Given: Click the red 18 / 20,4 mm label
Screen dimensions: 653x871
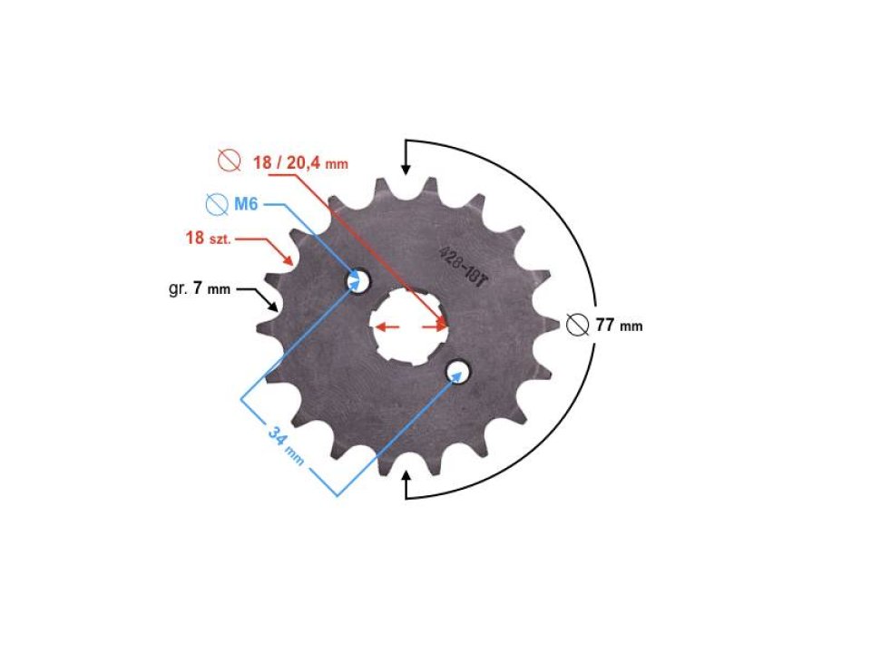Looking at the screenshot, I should point(299,163).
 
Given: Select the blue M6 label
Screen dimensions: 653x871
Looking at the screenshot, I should point(246,204).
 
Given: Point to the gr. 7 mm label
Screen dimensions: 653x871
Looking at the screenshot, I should point(200,289).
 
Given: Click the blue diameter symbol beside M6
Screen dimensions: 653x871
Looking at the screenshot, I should point(216,204).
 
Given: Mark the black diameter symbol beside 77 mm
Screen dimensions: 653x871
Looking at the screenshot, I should point(576,325).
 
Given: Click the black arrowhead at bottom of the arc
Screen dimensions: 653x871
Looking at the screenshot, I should point(406,476).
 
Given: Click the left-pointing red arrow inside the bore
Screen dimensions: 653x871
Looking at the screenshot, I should point(384,326).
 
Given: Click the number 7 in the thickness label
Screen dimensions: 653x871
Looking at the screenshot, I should point(197,289).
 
